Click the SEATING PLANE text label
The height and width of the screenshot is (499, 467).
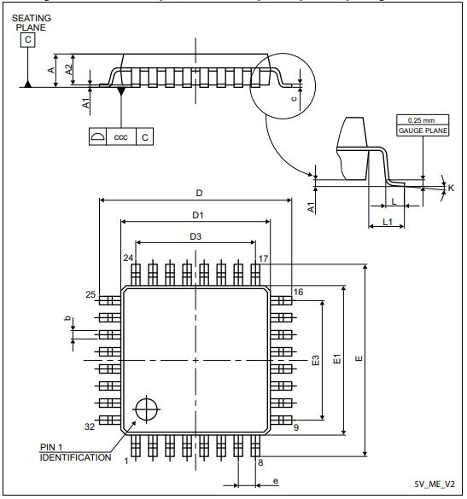(x=30, y=22)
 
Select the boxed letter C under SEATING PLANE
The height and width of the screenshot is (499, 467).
(x=29, y=39)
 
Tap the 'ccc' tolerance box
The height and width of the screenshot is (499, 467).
(x=121, y=136)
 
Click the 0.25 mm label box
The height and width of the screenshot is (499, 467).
(x=417, y=119)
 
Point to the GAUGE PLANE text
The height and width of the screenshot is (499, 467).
(x=417, y=131)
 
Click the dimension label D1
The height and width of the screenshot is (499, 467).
(x=196, y=214)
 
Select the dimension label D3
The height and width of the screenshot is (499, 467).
(x=196, y=235)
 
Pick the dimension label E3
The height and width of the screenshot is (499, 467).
(x=315, y=361)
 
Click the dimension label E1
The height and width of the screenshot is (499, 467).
(x=336, y=361)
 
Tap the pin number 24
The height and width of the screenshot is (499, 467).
(x=127, y=258)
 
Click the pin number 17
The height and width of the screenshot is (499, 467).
(x=264, y=258)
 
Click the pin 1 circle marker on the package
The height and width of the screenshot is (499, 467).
(x=147, y=408)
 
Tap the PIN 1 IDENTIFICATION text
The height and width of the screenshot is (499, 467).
(x=75, y=452)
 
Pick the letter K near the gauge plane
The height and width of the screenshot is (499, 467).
(x=451, y=188)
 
